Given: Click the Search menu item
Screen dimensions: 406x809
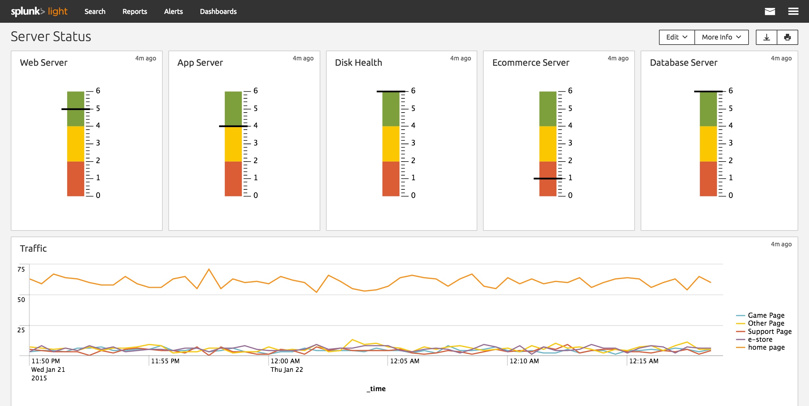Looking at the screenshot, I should coord(95,11).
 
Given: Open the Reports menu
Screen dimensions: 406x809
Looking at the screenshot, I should coord(135,11).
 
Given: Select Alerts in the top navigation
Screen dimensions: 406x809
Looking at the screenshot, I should coord(173,11).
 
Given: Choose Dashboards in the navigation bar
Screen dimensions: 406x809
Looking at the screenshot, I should coord(218,11).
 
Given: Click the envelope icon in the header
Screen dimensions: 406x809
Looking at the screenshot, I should coord(770,11).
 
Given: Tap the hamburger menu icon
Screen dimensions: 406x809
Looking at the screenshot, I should coord(793,11).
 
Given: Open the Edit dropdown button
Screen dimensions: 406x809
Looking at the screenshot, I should coord(677,37).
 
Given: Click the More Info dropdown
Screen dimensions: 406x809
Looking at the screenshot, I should coord(721,37).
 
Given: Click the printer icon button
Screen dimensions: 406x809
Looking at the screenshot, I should coord(787,37).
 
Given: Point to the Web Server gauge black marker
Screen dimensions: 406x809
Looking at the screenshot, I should coord(75,109).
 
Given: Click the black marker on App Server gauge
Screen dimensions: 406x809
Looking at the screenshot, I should coord(233,126).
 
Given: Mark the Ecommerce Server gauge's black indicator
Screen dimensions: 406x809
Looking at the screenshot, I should coord(548,179).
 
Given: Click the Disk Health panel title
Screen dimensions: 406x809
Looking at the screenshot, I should coord(358,63).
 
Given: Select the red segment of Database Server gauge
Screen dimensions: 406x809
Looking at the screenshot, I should coord(708,179).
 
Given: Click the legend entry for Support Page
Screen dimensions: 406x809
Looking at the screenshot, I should coord(769,331).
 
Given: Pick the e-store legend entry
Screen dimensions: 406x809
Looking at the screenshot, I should coord(760,339).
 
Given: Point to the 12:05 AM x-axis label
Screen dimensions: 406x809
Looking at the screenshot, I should coord(404,361).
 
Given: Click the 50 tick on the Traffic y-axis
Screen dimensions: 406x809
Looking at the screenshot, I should coord(21,299).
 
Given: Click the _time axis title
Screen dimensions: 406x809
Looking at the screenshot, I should coord(376,389).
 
